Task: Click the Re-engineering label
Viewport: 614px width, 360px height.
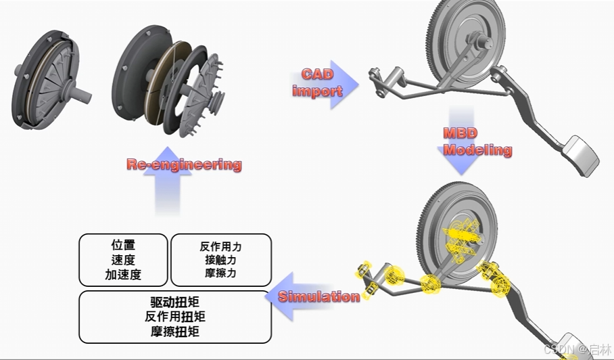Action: click(183, 164)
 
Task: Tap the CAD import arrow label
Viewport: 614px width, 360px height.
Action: click(318, 82)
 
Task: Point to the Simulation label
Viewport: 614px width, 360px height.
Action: click(318, 296)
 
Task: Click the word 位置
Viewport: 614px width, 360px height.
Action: click(123, 246)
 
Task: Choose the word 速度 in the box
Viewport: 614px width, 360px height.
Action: click(123, 261)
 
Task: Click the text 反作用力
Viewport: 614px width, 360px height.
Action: click(220, 247)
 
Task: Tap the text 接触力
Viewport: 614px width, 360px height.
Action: click(220, 260)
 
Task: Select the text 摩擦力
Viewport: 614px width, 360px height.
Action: click(220, 273)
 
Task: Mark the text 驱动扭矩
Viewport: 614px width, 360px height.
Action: click(175, 302)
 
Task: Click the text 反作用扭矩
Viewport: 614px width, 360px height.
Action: click(175, 316)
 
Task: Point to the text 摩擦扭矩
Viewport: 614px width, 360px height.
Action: click(175, 331)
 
